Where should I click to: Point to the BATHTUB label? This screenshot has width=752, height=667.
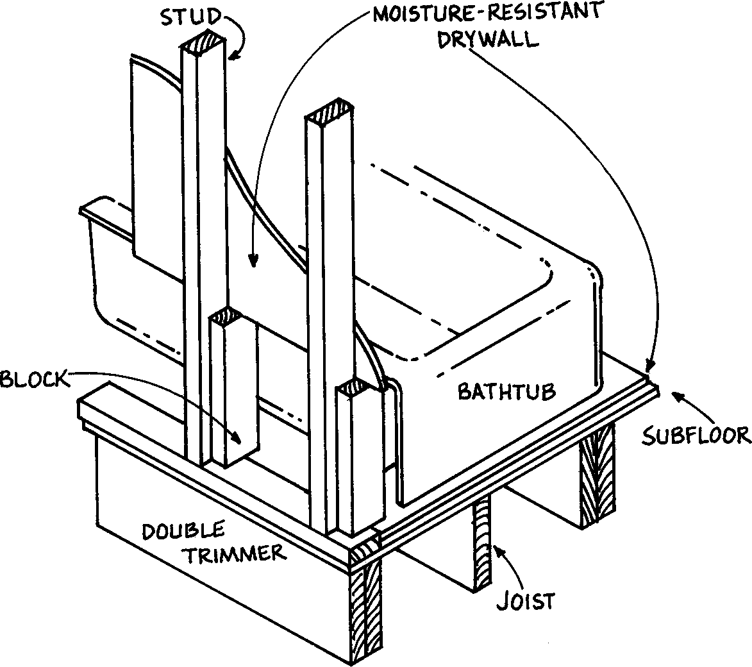pyautogui.click(x=506, y=391)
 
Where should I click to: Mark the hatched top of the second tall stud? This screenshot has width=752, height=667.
pyautogui.click(x=329, y=112)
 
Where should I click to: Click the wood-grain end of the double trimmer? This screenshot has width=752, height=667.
pyautogui.click(x=365, y=609)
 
